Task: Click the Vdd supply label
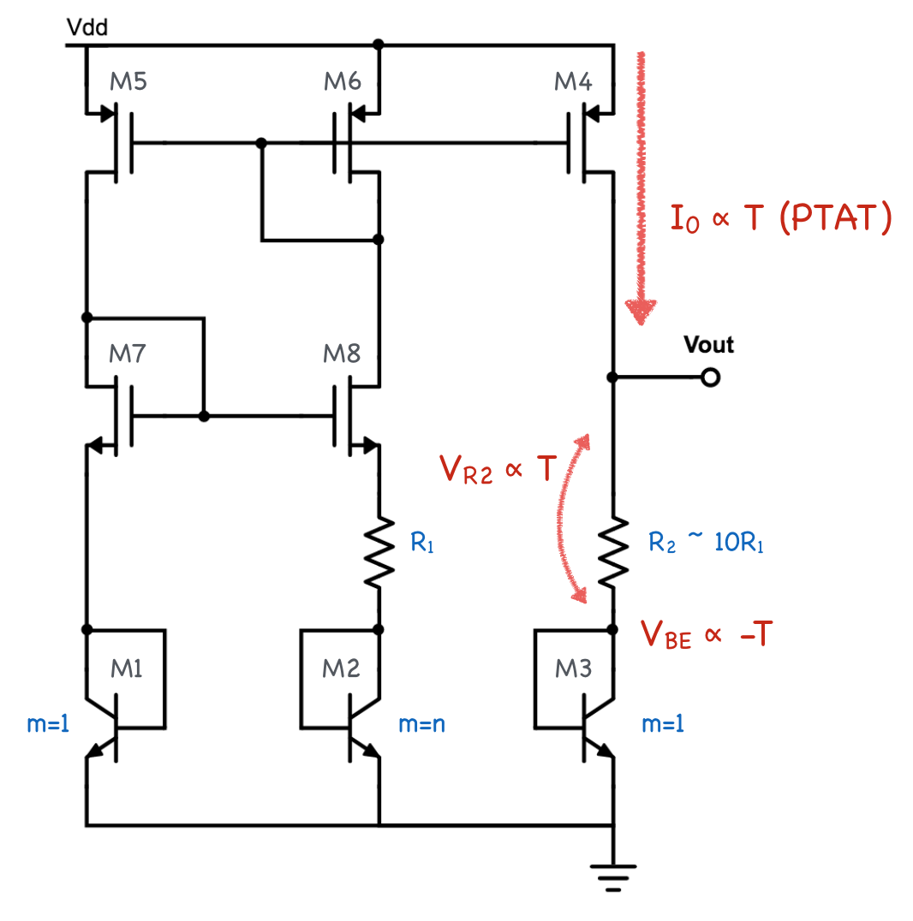(87, 29)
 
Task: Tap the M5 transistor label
(128, 82)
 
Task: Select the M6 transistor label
(343, 82)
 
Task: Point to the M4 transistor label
(573, 82)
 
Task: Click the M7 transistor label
(128, 354)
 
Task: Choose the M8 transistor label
(343, 354)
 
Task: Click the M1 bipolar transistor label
(128, 668)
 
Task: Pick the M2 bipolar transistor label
(342, 668)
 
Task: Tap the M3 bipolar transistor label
(573, 668)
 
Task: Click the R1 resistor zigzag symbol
(379, 552)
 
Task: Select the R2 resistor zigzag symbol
(613, 552)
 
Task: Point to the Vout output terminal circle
(709, 377)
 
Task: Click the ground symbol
(613, 877)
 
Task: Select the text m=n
(422, 724)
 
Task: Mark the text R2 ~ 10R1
(706, 543)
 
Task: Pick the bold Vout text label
(709, 345)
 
